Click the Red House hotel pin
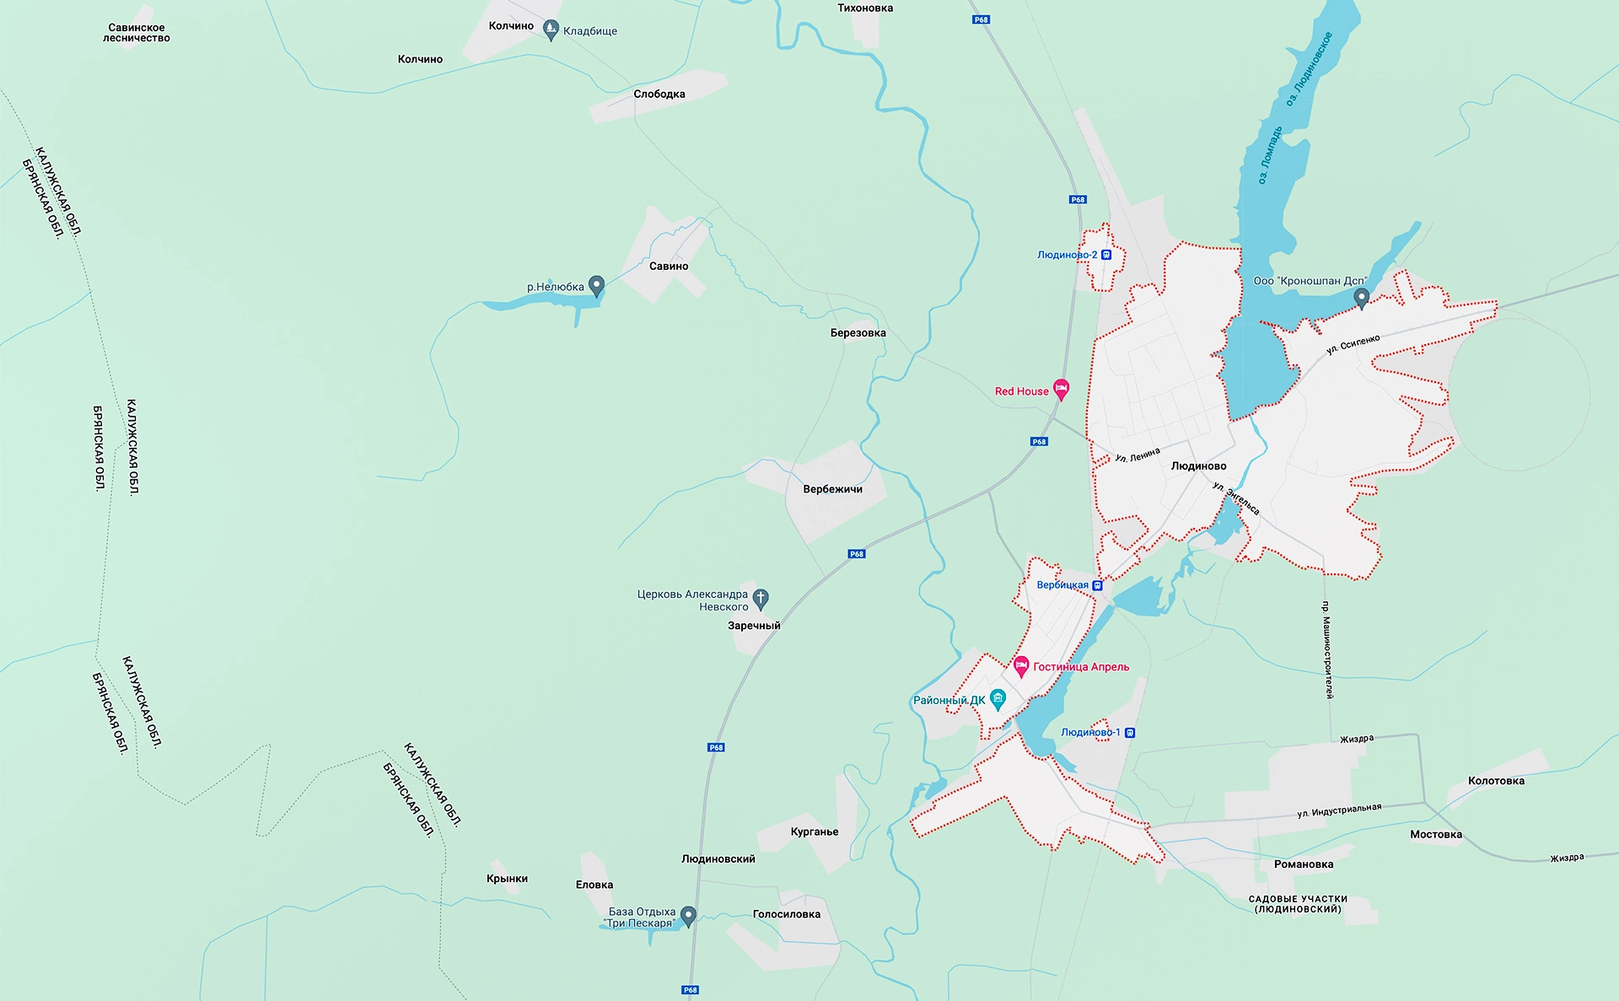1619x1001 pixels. pos(1062,389)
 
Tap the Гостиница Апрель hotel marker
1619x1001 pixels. pos(1021,665)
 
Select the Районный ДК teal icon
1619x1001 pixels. pos(998,697)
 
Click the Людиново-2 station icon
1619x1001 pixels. pos(1107,255)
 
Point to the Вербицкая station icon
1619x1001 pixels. pos(1097,585)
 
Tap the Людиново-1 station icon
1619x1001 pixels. pos(1130,733)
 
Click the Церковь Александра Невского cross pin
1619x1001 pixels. pos(761,598)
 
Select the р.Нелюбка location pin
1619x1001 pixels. pos(596,285)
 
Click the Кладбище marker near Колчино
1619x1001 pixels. pos(551,30)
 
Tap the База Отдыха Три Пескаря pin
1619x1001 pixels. pos(688,915)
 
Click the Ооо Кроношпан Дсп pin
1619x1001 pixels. pos(1361,297)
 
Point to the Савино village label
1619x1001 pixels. pos(669,266)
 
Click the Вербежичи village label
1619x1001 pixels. pos(832,489)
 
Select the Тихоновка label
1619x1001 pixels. pos(865,8)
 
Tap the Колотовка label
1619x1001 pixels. pos(1496,781)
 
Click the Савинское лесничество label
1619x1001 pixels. pos(137,33)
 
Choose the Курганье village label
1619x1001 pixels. pos(815,832)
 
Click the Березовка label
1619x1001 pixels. pos(858,333)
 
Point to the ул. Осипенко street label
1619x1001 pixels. pos(1353,344)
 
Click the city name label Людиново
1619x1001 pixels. pos(1198,466)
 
